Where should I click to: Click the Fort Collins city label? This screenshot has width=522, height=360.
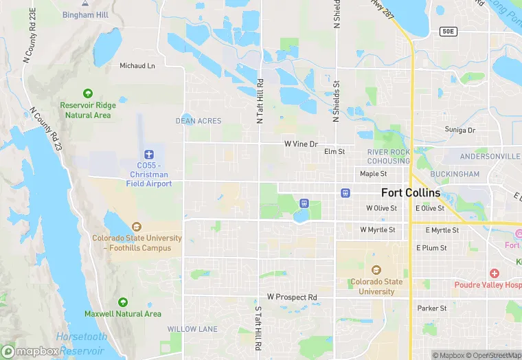click(411, 193)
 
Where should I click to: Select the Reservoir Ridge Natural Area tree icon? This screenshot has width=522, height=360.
click(87, 93)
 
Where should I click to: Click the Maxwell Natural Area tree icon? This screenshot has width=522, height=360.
click(123, 302)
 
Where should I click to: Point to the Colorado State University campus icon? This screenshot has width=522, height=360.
click(376, 270)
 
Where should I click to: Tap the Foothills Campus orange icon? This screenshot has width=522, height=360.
click(137, 226)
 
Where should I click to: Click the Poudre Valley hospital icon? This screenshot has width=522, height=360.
click(494, 274)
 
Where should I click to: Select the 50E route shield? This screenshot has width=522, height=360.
click(448, 32)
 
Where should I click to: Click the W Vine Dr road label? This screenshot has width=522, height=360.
click(302, 144)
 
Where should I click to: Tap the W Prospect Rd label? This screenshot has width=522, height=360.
click(292, 297)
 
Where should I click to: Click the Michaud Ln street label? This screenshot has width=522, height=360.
click(137, 66)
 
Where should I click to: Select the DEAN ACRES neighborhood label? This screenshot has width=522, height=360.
click(198, 121)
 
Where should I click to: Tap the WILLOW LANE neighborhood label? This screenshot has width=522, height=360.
click(192, 329)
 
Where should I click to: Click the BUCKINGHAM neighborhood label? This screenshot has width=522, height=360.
click(456, 175)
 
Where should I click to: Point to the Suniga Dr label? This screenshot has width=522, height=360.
click(459, 130)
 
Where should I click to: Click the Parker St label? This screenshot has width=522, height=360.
click(432, 308)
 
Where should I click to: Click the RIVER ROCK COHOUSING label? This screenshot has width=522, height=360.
click(388, 157)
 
